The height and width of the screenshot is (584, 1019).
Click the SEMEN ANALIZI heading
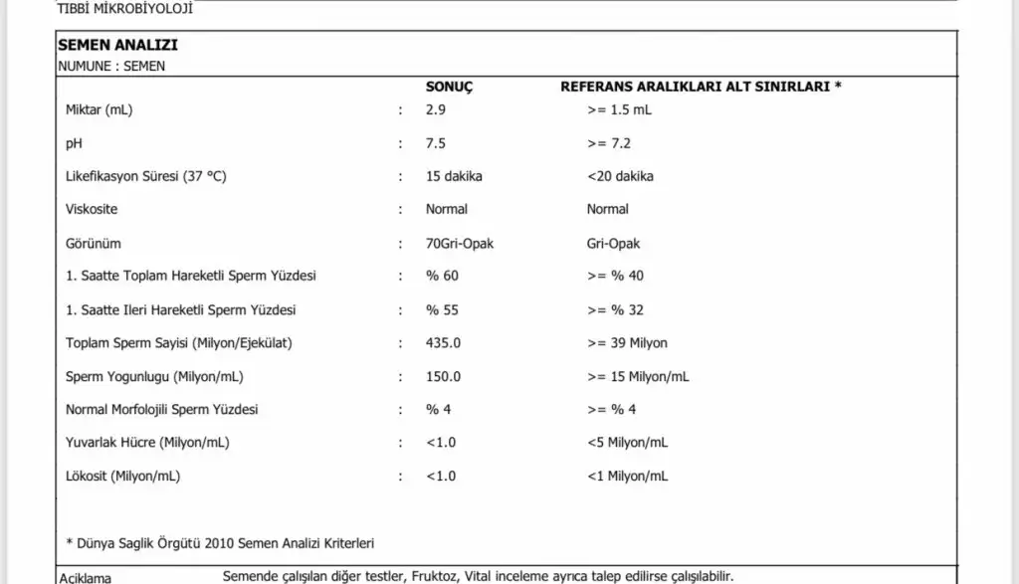click(117, 46)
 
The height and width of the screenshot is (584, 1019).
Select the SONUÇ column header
click(449, 87)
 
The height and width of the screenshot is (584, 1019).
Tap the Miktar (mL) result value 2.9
click(435, 110)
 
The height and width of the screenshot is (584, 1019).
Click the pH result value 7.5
click(435, 143)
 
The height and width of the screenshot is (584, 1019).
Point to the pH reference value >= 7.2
click(609, 143)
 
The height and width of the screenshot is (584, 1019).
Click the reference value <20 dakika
click(621, 176)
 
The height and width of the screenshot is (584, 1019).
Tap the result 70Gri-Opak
click(459, 243)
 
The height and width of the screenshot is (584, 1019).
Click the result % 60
click(442, 276)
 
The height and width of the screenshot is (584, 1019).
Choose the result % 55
click(442, 309)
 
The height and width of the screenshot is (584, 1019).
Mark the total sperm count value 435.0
click(443, 343)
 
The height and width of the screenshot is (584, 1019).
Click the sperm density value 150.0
click(443, 377)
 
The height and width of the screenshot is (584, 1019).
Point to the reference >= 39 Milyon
click(627, 343)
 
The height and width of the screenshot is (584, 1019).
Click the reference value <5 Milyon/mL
click(627, 442)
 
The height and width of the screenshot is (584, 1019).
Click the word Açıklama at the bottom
click(86, 577)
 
